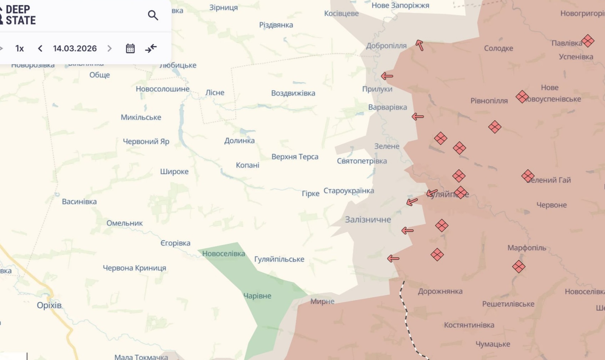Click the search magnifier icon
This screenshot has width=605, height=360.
(153, 15)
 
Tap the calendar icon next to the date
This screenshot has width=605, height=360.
(130, 48)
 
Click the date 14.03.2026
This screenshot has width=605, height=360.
(75, 48)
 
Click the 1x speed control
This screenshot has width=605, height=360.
(20, 48)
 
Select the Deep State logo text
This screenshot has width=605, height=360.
(20, 15)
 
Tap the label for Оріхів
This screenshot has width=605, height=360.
(49, 305)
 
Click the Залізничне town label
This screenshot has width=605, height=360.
(368, 220)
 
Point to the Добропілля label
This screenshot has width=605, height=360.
(386, 46)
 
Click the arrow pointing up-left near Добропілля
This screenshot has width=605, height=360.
(419, 45)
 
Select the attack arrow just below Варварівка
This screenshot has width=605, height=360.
(417, 117)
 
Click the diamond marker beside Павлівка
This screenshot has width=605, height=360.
(588, 41)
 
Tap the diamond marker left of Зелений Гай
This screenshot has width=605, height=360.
(528, 176)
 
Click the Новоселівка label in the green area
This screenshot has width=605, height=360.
(224, 253)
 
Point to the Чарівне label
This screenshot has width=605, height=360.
(257, 295)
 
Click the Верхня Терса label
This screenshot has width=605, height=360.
(295, 156)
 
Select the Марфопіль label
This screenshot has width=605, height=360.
(527, 248)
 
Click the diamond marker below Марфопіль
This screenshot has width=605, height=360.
(518, 266)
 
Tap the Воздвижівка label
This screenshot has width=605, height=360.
(293, 93)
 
